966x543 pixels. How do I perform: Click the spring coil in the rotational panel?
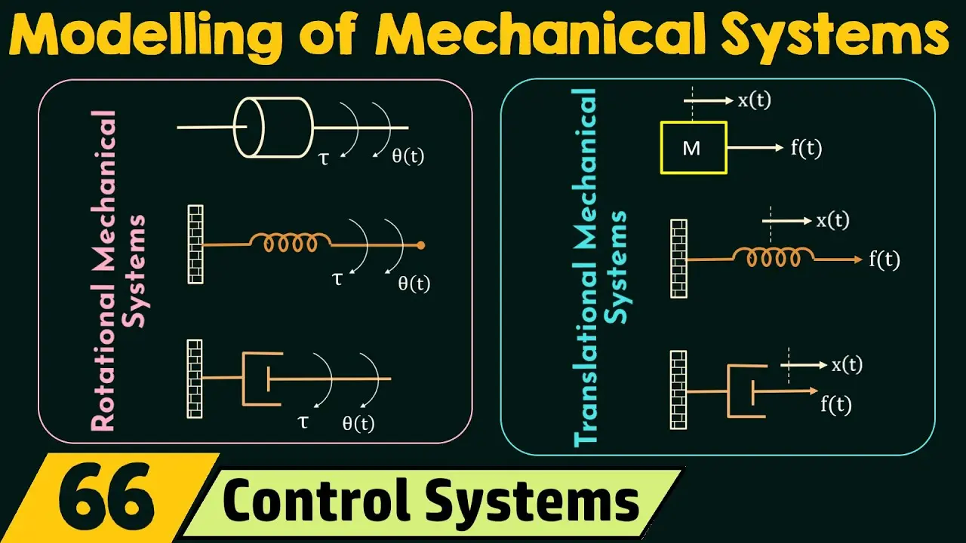point(291,243)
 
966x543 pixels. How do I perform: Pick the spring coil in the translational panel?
point(774,257)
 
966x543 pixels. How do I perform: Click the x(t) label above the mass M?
point(754,100)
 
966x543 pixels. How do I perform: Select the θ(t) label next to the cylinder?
point(408,155)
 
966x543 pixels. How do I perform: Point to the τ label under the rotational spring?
point(337,279)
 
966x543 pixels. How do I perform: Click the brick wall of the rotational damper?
point(195,379)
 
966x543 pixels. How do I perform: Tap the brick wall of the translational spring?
point(678,259)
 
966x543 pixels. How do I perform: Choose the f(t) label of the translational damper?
point(835,405)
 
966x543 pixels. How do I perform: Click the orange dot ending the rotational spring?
point(421,246)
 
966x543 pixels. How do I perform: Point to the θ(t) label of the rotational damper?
point(358,424)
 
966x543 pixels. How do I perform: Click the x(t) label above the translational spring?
point(832,221)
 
